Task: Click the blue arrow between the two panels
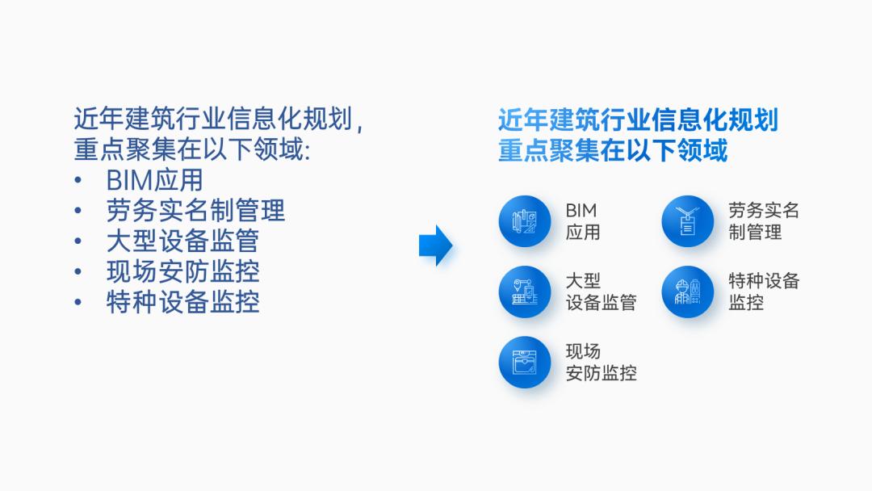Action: [x=436, y=245]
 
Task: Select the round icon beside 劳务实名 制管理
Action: [x=688, y=221]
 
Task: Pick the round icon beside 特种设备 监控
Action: [x=688, y=292]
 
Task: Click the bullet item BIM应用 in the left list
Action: [x=154, y=180]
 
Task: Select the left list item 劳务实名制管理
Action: [x=195, y=211]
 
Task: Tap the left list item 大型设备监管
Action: [x=182, y=241]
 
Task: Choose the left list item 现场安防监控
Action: [x=182, y=272]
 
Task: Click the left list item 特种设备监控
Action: [x=182, y=303]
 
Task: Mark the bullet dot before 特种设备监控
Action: [x=78, y=304]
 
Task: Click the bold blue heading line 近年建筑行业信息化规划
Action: [x=638, y=120]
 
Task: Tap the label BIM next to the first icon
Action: [x=581, y=211]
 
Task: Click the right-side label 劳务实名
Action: [x=764, y=211]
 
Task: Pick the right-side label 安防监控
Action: [x=601, y=373]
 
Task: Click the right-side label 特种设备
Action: [x=764, y=281]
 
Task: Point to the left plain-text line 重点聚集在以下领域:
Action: [x=192, y=150]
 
